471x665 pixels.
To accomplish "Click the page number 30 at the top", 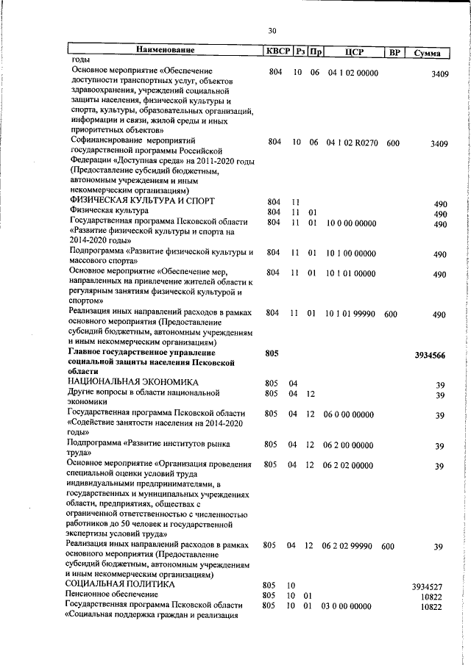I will tap(272, 30).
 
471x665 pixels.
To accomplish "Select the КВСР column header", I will tap(277, 51).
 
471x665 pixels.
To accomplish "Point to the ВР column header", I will tap(394, 51).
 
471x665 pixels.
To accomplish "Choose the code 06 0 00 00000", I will tap(350, 415).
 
